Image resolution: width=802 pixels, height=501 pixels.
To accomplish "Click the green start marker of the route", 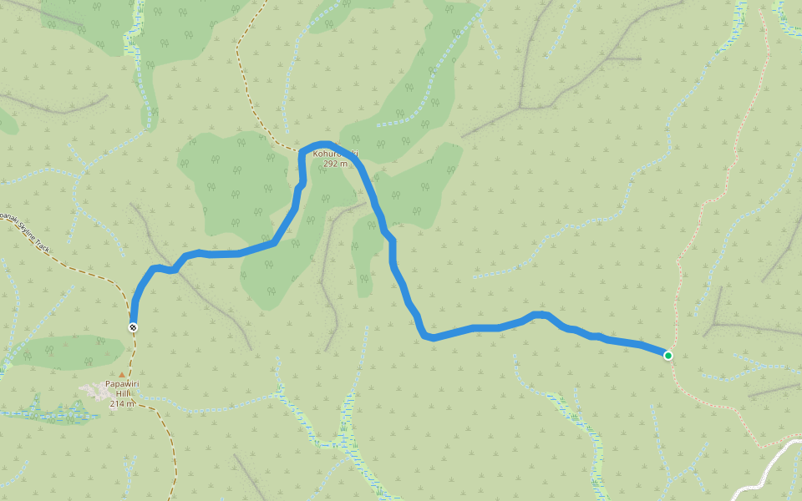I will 668,356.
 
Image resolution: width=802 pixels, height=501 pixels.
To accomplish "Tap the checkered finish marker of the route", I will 133,326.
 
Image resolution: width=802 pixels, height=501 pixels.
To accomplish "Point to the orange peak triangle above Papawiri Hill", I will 122,375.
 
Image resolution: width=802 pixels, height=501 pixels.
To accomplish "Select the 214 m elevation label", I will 122,404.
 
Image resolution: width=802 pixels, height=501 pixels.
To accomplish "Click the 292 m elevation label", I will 335,164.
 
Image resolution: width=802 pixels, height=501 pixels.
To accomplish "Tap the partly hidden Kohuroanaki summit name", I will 335,154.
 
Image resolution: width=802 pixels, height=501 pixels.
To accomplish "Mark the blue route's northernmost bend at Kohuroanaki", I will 322,144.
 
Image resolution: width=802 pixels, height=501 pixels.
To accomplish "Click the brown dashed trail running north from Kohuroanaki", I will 251,92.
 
